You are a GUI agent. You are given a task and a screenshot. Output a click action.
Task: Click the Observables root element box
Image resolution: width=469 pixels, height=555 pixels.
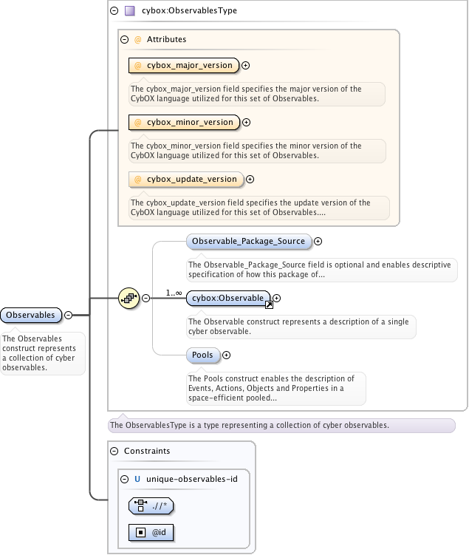31,315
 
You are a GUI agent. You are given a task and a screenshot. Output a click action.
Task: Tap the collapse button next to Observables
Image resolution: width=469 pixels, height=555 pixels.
68,315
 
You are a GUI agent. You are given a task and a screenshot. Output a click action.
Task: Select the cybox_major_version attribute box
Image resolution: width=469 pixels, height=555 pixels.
184,66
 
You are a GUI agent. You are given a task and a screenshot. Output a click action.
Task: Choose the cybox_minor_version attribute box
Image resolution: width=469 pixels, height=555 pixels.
184,123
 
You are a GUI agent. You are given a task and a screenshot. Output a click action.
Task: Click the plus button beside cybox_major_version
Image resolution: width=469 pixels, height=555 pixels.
246,66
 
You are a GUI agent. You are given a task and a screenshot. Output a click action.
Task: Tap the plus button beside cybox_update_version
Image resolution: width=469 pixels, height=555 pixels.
250,180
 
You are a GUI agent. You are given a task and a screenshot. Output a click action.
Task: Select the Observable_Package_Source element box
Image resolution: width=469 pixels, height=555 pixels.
248,242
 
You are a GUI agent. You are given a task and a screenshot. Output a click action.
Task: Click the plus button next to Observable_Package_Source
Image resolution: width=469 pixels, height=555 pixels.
318,241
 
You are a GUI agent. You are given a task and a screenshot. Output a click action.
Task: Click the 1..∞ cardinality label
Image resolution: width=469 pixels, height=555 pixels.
174,293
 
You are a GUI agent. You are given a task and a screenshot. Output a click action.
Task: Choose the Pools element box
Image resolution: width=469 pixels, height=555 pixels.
202,355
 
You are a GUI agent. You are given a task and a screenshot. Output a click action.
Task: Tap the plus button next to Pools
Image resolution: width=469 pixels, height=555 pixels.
226,355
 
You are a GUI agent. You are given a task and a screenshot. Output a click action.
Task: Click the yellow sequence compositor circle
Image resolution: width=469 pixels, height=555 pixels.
129,299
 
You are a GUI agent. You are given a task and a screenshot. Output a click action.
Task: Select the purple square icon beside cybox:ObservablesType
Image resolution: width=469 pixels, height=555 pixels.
129,11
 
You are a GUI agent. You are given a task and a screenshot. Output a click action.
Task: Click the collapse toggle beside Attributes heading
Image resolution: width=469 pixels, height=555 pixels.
125,39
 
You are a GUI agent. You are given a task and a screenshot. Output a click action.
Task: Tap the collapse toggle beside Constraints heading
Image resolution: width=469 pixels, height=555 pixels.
114,451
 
